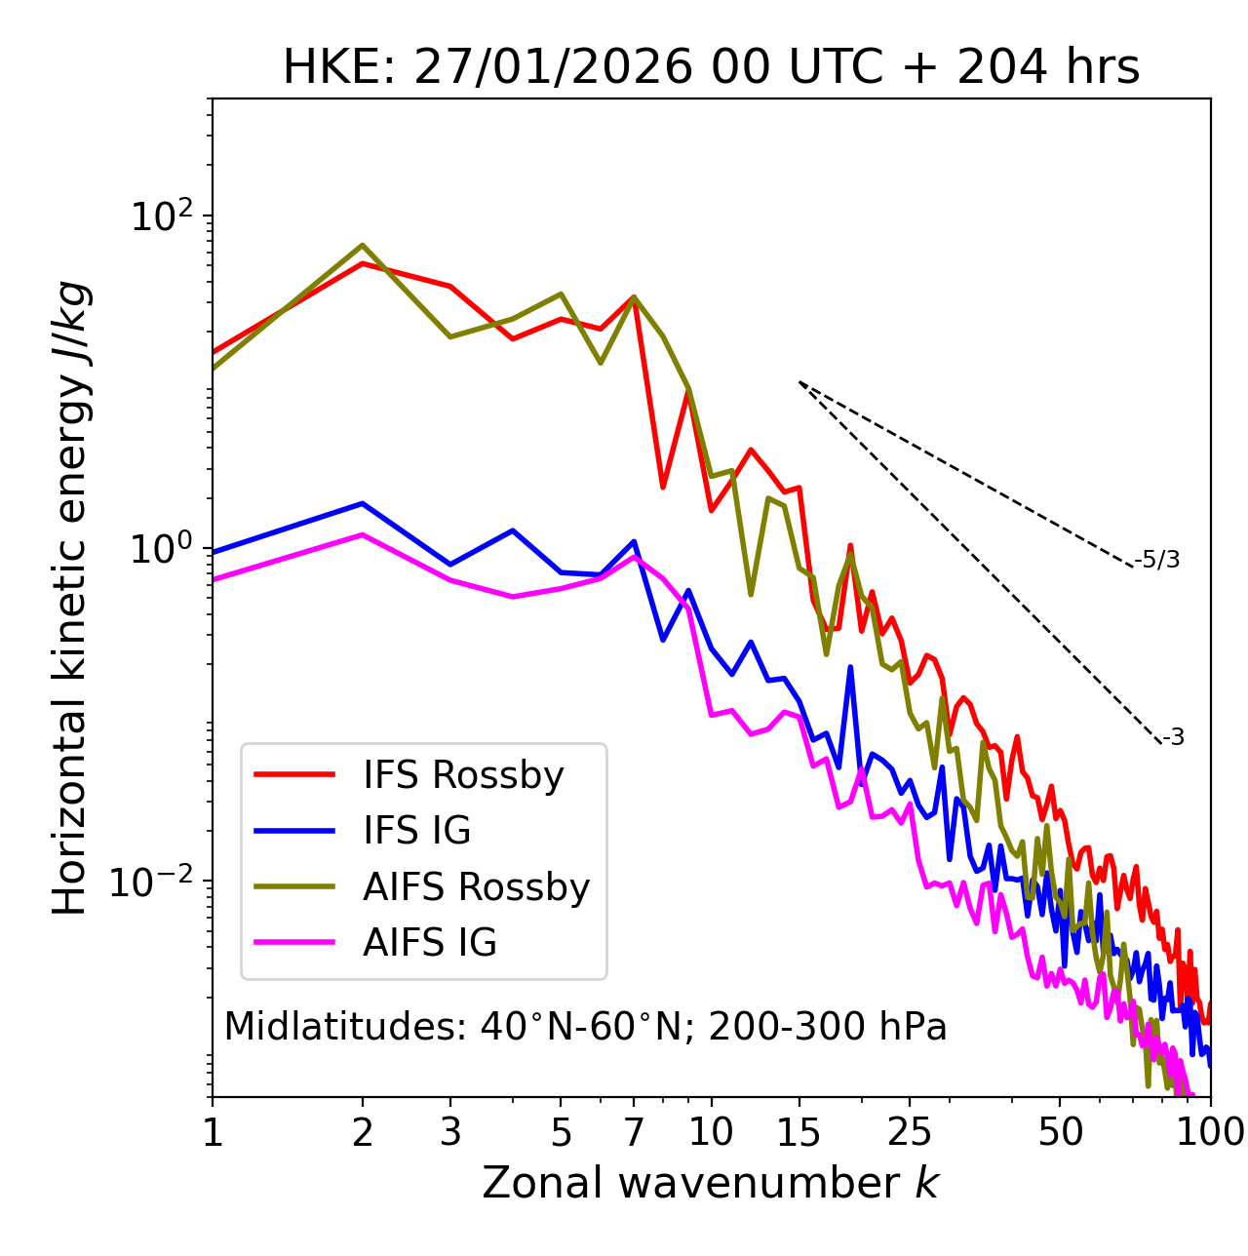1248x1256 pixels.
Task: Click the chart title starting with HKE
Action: tap(711, 68)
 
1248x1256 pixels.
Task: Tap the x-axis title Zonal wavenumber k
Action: tap(710, 1183)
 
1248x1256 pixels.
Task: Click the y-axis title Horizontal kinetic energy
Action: tap(70, 598)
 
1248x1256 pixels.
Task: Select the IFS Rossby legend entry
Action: tap(463, 775)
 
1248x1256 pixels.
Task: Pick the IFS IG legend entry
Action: tap(416, 831)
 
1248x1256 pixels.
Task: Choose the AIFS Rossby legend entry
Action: tap(476, 887)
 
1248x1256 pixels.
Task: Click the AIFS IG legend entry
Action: tap(430, 943)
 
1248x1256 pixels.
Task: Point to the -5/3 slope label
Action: tap(1157, 560)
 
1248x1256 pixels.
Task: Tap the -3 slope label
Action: tap(1173, 738)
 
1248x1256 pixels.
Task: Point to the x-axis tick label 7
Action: tap(634, 1132)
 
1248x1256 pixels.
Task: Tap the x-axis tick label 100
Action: tap(1210, 1132)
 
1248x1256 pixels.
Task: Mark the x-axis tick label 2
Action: tap(363, 1132)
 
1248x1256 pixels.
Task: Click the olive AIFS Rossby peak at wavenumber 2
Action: tap(363, 245)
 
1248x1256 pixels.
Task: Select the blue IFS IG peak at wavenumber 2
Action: tap(363, 503)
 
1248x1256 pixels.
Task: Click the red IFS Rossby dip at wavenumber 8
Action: tap(663, 487)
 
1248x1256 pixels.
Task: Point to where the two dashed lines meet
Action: tap(799, 382)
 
